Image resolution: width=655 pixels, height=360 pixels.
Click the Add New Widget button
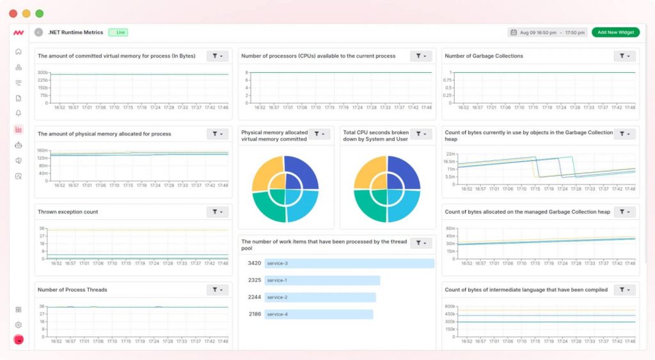pyautogui.click(x=615, y=32)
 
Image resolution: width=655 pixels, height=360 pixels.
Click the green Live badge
pyautogui.click(x=118, y=32)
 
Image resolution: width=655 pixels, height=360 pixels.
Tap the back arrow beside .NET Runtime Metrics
pyautogui.click(x=39, y=32)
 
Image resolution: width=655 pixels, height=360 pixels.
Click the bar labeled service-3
pyautogui.click(x=349, y=263)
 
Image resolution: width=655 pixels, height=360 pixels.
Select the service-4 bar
pyautogui.click(x=319, y=314)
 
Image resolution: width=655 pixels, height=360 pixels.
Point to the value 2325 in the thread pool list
pyautogui.click(x=254, y=280)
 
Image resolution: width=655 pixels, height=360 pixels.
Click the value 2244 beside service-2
pyautogui.click(x=254, y=297)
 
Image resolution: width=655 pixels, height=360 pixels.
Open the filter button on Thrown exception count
pyautogui.click(x=217, y=212)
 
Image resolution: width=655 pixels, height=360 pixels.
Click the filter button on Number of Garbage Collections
pyautogui.click(x=624, y=56)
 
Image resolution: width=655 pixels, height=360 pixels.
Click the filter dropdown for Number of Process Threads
pyautogui.click(x=217, y=290)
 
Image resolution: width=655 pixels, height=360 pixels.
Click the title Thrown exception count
pyautogui.click(x=68, y=212)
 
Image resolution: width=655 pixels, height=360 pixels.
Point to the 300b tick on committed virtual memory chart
pyautogui.click(x=42, y=72)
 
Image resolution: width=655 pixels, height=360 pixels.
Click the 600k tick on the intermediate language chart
pyautogui.click(x=450, y=306)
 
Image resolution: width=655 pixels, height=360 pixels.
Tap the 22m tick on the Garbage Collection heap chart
pyautogui.click(x=450, y=154)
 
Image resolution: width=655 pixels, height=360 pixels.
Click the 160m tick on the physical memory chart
pyautogui.click(x=42, y=150)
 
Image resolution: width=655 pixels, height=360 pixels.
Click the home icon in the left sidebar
pyautogui.click(x=19, y=51)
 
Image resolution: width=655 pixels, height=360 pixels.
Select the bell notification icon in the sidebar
pyautogui.click(x=19, y=113)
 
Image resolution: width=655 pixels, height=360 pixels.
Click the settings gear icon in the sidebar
pyautogui.click(x=19, y=325)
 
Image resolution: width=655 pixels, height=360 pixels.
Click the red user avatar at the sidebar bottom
pyautogui.click(x=19, y=339)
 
